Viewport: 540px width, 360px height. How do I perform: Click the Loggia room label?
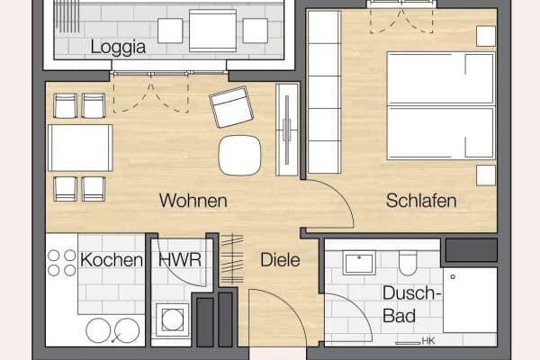click(x=119, y=47)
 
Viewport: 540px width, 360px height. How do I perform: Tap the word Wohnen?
click(x=193, y=201)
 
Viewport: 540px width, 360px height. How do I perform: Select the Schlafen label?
click(x=421, y=201)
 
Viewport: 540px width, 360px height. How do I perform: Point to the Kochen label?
click(x=112, y=260)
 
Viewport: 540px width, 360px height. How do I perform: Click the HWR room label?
click(x=179, y=260)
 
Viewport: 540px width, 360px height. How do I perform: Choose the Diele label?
click(x=280, y=260)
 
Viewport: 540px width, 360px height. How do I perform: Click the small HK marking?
click(x=428, y=341)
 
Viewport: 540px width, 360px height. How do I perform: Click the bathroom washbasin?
click(x=358, y=263)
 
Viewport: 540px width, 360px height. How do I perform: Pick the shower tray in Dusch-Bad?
click(x=469, y=300)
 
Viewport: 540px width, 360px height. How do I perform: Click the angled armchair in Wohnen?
click(x=232, y=107)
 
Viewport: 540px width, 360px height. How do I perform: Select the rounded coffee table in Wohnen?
click(x=239, y=155)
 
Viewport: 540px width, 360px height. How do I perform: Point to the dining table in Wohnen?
click(x=80, y=148)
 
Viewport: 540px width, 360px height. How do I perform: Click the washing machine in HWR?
click(x=172, y=319)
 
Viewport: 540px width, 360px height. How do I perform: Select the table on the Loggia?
click(x=212, y=31)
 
